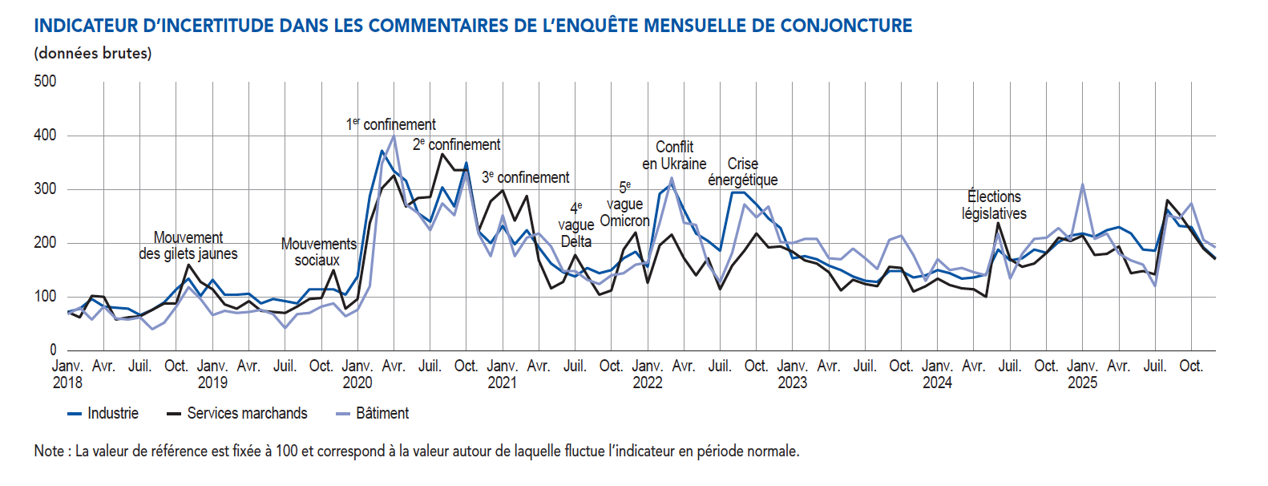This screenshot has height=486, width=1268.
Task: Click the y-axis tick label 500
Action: pyautogui.click(x=45, y=81)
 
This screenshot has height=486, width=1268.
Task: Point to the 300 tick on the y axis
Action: pyautogui.click(x=45, y=189)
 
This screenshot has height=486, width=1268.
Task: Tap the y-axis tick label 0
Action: pyautogui.click(x=53, y=350)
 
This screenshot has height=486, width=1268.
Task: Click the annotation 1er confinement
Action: pyautogui.click(x=391, y=124)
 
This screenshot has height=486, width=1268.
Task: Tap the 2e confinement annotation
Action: pyautogui.click(x=456, y=144)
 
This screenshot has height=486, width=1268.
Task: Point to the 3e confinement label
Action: pyautogui.click(x=525, y=177)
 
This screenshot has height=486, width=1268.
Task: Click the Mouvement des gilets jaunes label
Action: pyautogui.click(x=188, y=245)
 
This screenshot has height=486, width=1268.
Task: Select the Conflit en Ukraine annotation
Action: pyautogui.click(x=674, y=155)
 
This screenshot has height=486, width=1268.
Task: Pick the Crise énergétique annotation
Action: pyautogui.click(x=742, y=172)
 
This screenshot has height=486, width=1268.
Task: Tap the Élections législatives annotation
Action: pyautogui.click(x=994, y=205)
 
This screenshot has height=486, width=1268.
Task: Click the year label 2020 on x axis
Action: pyautogui.click(x=357, y=383)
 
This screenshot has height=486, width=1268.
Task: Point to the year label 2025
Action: pyautogui.click(x=1082, y=383)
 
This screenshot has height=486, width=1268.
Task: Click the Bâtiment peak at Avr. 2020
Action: pyautogui.click(x=394, y=136)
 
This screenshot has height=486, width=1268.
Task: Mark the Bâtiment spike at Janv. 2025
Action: pyautogui.click(x=1082, y=184)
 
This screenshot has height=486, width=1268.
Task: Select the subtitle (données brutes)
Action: pyautogui.click(x=93, y=54)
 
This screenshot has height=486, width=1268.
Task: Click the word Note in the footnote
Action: pyautogui.click(x=48, y=451)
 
